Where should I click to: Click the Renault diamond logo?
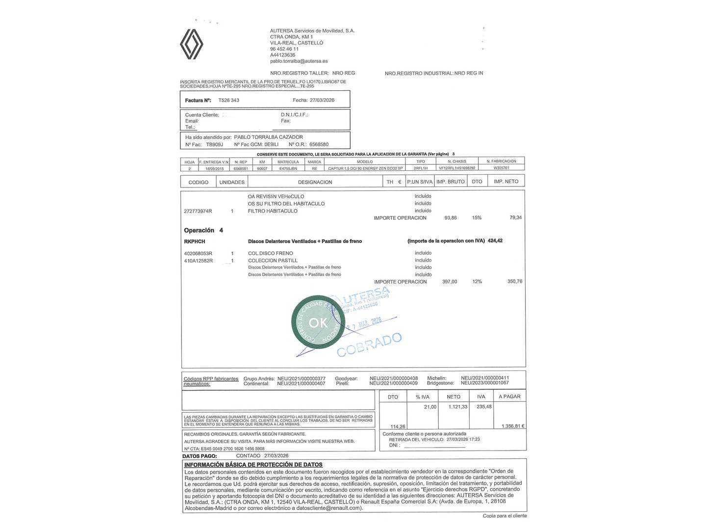point(191,43)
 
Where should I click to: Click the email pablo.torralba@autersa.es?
point(299,61)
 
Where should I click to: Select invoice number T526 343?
point(228,100)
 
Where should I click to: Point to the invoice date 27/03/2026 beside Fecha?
point(322,100)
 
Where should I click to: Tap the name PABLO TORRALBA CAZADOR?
point(268,137)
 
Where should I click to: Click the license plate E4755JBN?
point(288,168)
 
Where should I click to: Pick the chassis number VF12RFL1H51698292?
point(456,168)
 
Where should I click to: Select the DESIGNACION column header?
point(315,182)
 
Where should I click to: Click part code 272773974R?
point(198,211)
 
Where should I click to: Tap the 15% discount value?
point(477,218)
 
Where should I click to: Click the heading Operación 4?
point(203,230)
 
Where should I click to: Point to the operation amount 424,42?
point(495,241)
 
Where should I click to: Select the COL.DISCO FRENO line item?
point(271,253)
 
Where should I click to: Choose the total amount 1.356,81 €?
point(513,426)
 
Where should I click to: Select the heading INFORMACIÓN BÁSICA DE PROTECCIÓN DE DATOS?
point(253,465)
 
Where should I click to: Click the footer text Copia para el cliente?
point(504,516)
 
